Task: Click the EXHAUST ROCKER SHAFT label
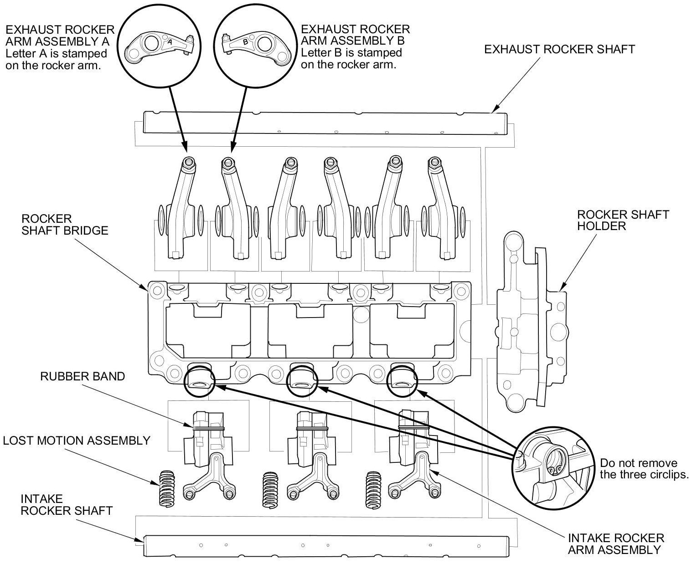pos(559,49)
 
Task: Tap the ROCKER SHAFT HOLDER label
pos(623,220)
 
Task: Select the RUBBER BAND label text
pos(83,376)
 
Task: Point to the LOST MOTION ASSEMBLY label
pos(77,441)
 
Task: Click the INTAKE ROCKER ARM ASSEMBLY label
pos(615,544)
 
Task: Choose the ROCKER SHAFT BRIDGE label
pos(65,225)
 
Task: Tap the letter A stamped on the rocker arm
pos(170,41)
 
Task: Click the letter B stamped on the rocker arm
pos(245,42)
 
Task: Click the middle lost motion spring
pos(271,488)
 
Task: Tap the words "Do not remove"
pos(638,463)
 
